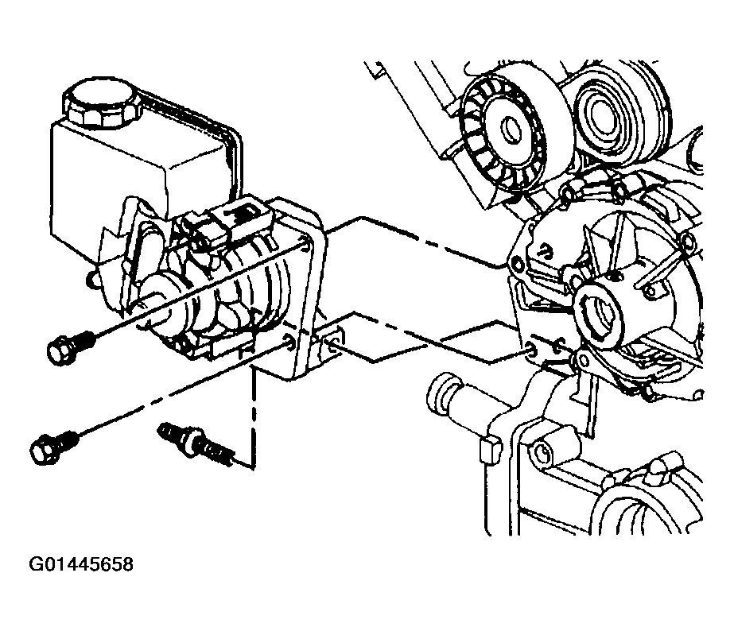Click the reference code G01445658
pyautogui.click(x=81, y=564)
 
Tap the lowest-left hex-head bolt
pyautogui.click(x=53, y=447)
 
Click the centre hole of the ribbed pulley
pyautogui.click(x=511, y=129)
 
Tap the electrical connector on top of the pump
pyautogui.click(x=227, y=223)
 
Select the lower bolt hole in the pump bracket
pyautogui.click(x=290, y=342)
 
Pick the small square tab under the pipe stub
pyautogui.click(x=490, y=449)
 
